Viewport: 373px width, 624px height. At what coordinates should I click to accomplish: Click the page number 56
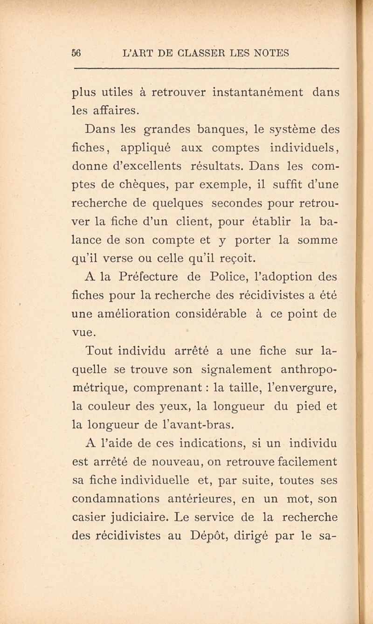tap(77, 53)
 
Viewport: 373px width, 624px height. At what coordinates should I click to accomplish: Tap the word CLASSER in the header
tap(202, 53)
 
